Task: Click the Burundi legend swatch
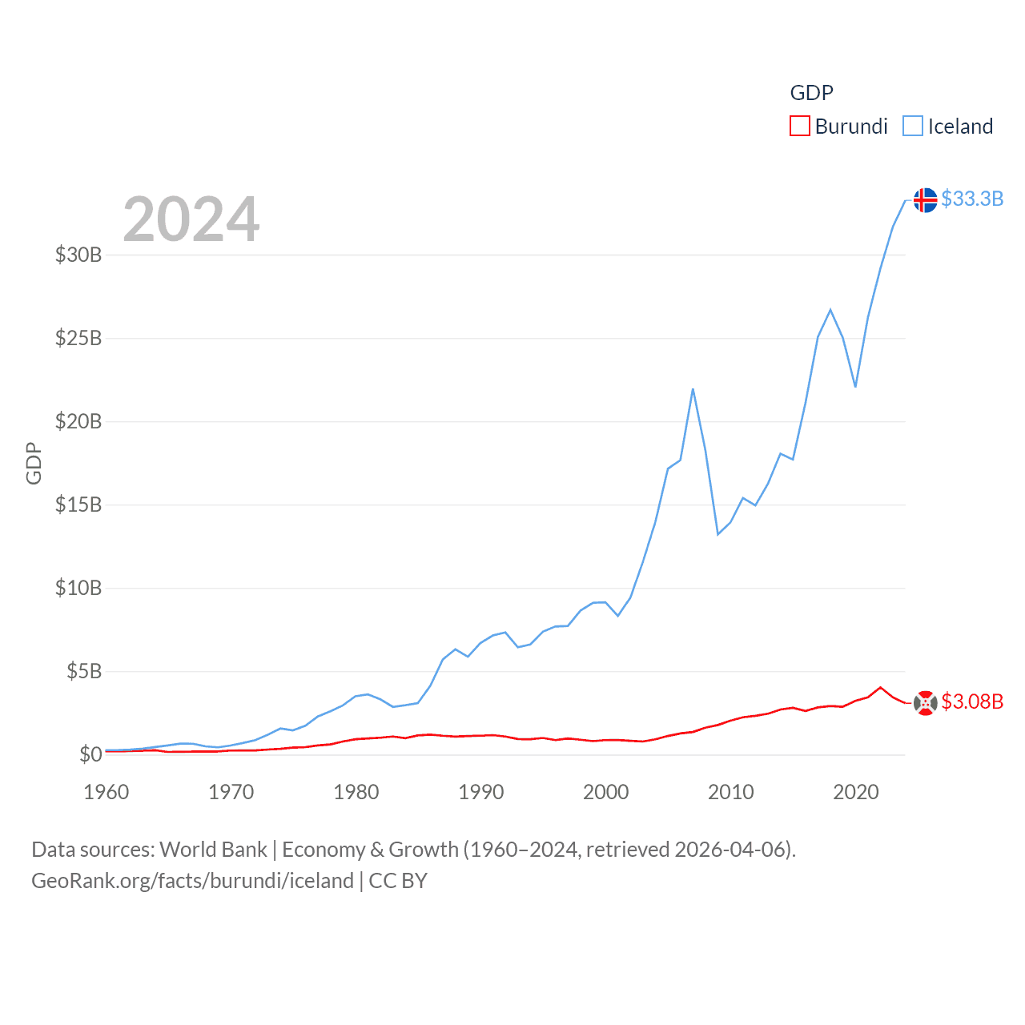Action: (799, 127)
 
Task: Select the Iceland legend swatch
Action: (913, 127)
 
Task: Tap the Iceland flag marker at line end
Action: (925, 199)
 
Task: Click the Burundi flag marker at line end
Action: (925, 702)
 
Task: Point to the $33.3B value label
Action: (972, 199)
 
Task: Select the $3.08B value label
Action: (972, 701)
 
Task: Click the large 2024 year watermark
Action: (191, 219)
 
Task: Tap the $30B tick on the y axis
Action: (78, 255)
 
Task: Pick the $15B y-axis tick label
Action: (78, 504)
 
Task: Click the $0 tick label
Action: (90, 754)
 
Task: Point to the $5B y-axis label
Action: (84, 671)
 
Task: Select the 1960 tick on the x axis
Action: (107, 792)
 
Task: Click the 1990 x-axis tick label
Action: (481, 792)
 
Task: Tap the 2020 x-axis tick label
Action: (856, 792)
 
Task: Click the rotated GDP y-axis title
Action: (34, 463)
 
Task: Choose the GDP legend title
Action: (811, 93)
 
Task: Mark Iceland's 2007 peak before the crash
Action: (693, 389)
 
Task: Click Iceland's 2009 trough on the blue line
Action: (718, 534)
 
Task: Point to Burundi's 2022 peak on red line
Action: (881, 687)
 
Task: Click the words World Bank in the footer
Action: (213, 849)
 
